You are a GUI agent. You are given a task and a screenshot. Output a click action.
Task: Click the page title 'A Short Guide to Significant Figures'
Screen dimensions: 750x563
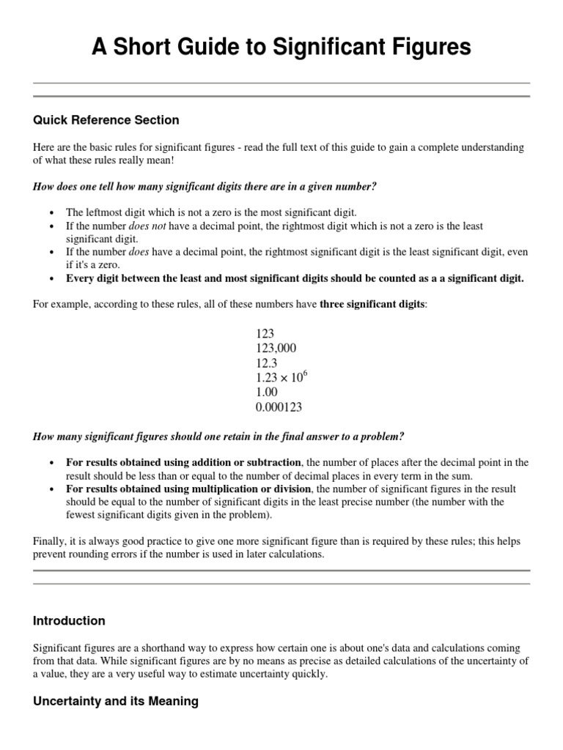point(281,48)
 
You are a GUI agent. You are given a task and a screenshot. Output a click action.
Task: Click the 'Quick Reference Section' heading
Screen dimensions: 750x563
point(106,119)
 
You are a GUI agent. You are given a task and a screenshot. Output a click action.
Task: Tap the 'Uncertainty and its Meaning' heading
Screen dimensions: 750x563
point(116,701)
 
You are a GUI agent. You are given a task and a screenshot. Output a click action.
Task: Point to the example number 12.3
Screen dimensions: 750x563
point(267,363)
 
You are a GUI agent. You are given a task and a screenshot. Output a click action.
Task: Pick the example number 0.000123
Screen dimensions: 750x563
point(279,407)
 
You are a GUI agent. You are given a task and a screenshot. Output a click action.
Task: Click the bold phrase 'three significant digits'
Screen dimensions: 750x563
point(372,303)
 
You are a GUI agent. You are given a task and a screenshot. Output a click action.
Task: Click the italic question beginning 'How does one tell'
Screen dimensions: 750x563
point(205,187)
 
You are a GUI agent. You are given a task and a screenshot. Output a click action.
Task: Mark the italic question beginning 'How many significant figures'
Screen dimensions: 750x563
point(218,437)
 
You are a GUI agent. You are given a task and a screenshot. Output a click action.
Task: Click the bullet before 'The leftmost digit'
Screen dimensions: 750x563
point(52,212)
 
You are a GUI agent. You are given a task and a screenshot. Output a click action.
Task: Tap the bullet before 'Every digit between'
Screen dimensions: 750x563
point(52,278)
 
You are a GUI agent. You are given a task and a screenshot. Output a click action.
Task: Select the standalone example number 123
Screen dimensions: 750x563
point(265,333)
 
